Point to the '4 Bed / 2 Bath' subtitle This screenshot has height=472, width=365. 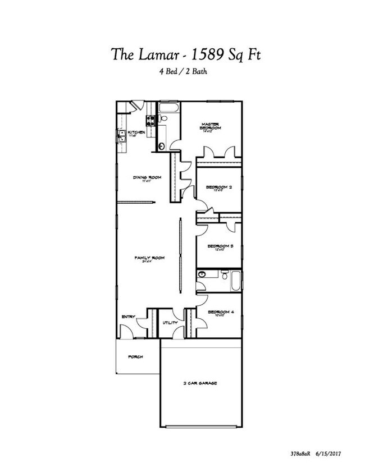click(x=182, y=73)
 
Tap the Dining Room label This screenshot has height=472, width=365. click(x=147, y=178)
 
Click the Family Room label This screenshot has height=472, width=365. click(x=149, y=258)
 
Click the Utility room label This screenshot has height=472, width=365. click(x=170, y=323)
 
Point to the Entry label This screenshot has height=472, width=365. click(x=129, y=317)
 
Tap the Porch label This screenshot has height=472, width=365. click(x=135, y=357)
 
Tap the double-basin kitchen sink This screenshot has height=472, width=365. click(x=121, y=136)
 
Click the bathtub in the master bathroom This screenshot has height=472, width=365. click(x=169, y=108)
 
